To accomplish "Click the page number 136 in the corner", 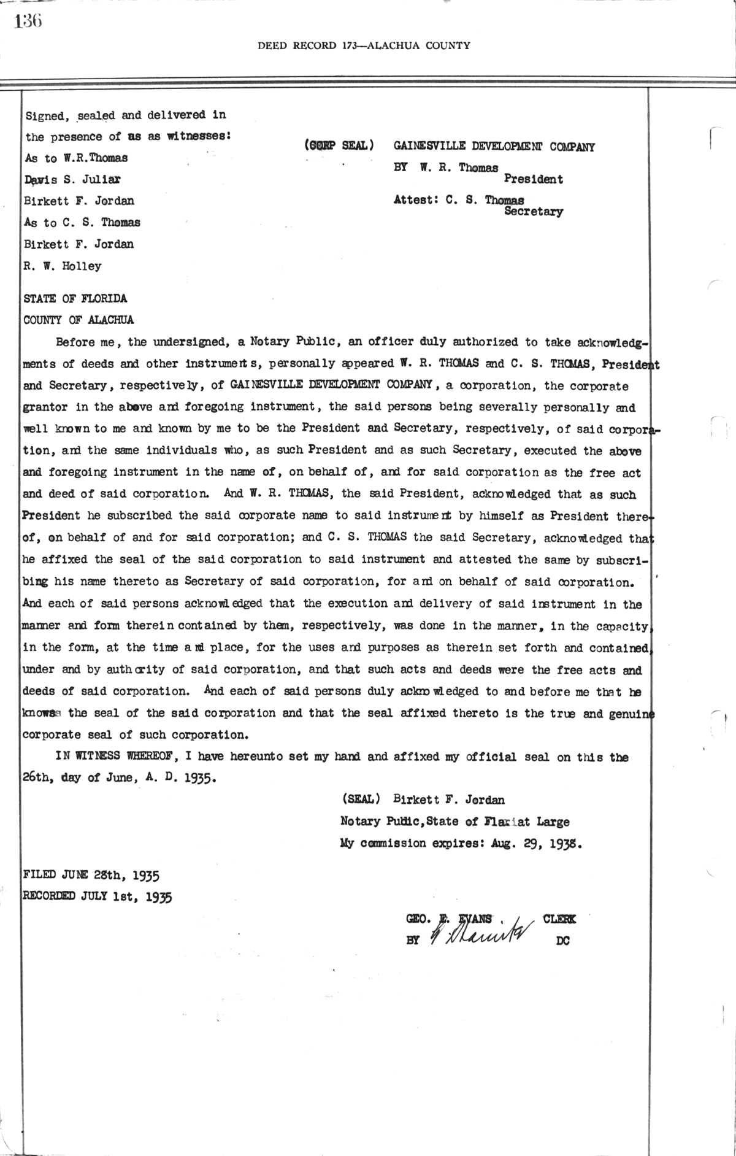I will point(28,22).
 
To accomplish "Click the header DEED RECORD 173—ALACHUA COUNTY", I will point(364,45).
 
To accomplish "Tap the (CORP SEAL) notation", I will point(339,145).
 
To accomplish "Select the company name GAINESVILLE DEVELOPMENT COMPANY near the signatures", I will point(494,147).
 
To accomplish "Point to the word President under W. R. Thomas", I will point(533,179).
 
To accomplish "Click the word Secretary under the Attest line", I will point(533,212).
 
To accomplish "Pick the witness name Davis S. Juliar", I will point(72,179).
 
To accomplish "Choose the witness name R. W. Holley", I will point(63,266).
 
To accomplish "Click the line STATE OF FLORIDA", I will point(75,299).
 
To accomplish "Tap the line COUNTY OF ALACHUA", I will point(78,320).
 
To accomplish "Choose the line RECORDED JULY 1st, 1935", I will point(97,896).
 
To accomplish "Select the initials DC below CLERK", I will point(562,939).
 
